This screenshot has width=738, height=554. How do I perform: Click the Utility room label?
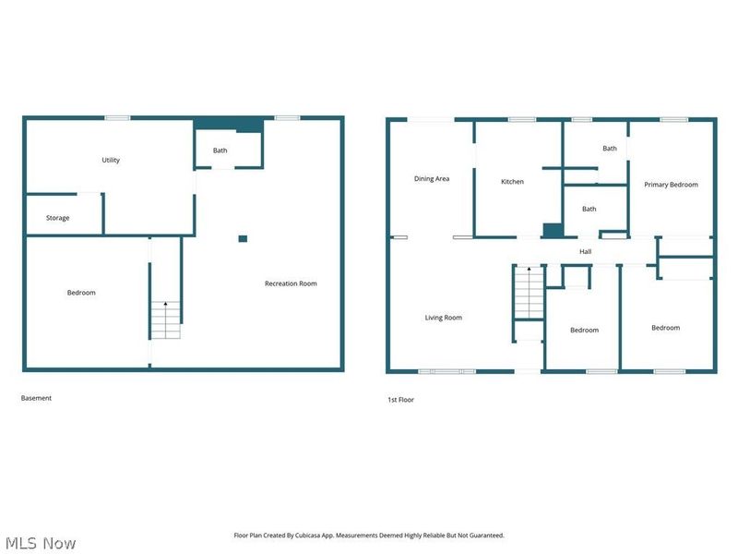click(x=111, y=160)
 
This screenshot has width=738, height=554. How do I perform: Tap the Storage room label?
click(x=58, y=218)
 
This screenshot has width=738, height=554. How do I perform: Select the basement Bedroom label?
click(x=81, y=293)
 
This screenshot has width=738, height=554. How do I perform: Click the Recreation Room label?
click(x=291, y=283)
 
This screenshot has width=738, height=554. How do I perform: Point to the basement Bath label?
click(x=220, y=151)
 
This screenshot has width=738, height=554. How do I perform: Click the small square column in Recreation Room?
click(x=243, y=238)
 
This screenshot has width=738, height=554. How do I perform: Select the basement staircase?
click(x=165, y=319)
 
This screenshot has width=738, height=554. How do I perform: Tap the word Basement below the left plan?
click(x=37, y=398)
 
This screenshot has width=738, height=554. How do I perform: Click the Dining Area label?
click(x=432, y=178)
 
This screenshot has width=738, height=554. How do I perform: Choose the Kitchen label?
click(x=512, y=182)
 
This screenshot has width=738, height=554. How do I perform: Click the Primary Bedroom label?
click(x=671, y=185)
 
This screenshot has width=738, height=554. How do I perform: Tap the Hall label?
click(x=586, y=251)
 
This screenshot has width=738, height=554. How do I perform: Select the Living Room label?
click(x=444, y=318)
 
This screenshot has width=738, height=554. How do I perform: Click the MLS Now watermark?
click(x=42, y=543)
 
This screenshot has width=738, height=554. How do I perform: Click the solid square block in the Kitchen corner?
click(x=552, y=231)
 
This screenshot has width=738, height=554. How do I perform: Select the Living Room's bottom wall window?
click(x=447, y=371)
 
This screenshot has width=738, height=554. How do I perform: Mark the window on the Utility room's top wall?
click(x=117, y=117)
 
